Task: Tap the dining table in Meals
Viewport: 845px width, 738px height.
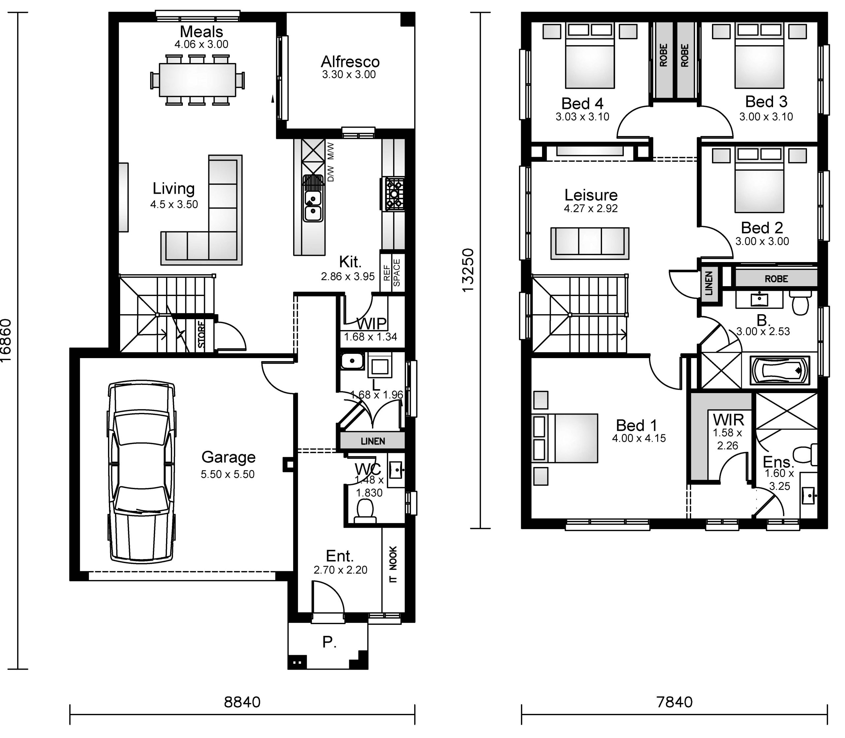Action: pyautogui.click(x=198, y=80)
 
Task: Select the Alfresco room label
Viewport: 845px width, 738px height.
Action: pyautogui.click(x=350, y=62)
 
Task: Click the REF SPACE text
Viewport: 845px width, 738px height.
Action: pyautogui.click(x=391, y=273)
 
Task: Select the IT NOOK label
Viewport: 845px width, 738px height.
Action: pyautogui.click(x=393, y=564)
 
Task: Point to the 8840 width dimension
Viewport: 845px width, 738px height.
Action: pyautogui.click(x=242, y=702)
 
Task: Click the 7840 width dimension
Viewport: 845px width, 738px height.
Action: pyautogui.click(x=674, y=702)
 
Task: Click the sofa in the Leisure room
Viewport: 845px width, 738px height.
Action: pyautogui.click(x=590, y=243)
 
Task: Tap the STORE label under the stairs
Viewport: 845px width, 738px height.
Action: pyautogui.click(x=201, y=334)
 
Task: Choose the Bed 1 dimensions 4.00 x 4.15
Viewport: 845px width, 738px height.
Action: pyautogui.click(x=639, y=438)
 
